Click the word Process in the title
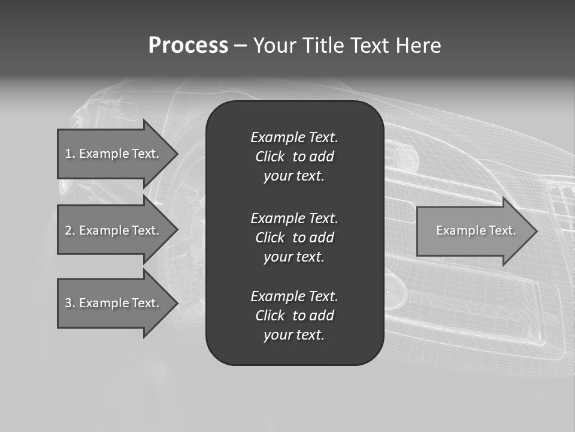188,46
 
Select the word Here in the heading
418,46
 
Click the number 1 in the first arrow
68,154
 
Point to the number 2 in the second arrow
68,230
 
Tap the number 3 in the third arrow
68,303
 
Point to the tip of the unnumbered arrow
535,230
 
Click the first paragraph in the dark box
294,157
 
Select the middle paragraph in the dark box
294,238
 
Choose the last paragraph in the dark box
294,316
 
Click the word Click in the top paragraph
270,157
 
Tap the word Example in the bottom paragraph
277,296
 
